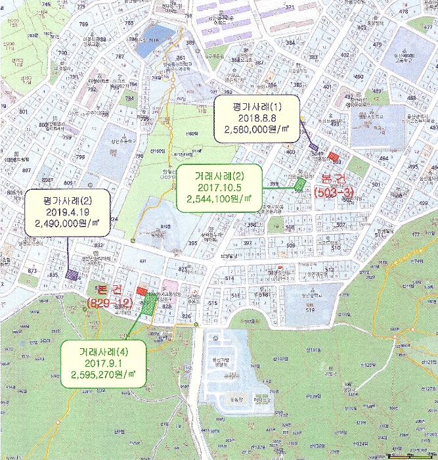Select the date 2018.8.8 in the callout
[256, 118]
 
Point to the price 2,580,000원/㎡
[256, 131]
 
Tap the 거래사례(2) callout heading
[219, 175]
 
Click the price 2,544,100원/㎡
[219, 198]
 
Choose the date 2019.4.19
[67, 212]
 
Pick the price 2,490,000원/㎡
[67, 224]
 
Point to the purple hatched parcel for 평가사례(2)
[70, 275]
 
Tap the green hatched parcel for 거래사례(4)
[150, 304]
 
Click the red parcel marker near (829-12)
[141, 291]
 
